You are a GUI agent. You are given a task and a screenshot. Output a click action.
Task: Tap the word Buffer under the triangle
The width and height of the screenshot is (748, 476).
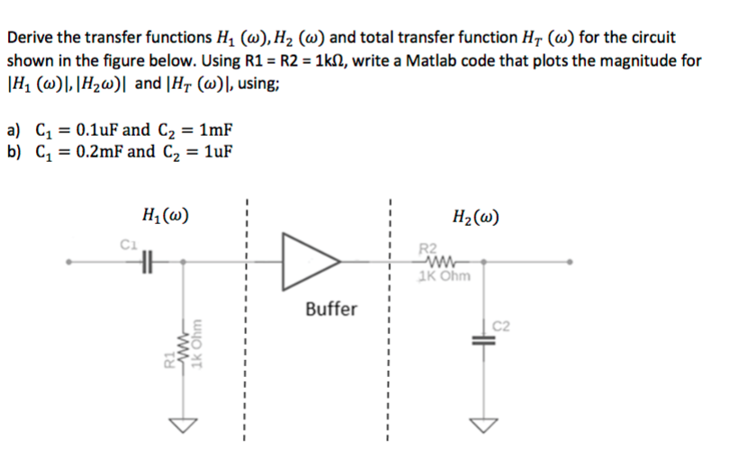point(330,310)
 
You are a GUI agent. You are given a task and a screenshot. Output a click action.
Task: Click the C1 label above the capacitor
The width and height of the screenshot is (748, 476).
point(128,241)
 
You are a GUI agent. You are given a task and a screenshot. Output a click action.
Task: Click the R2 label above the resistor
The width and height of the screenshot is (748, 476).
point(429,248)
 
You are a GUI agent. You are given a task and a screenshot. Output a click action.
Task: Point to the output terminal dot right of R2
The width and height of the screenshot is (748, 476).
point(570,261)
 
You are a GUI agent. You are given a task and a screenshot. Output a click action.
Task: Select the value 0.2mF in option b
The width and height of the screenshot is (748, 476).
point(91,150)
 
